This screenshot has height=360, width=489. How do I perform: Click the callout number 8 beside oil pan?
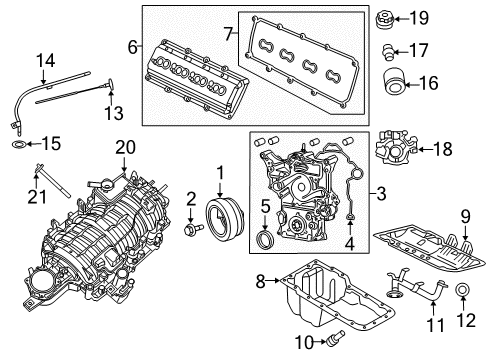(260, 283)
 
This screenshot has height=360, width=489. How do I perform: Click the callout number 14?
(42, 60)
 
